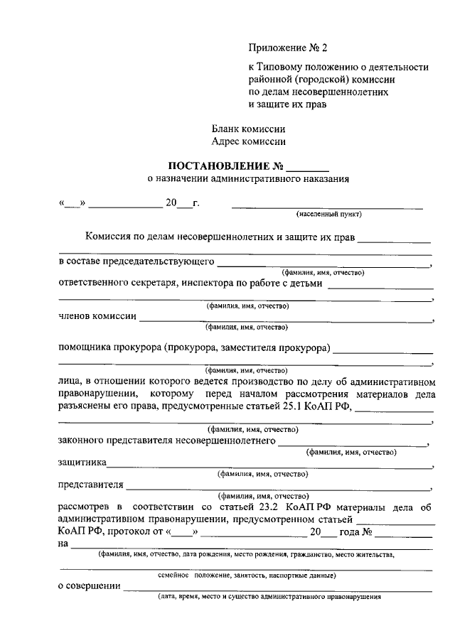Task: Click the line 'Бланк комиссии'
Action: coord(248,129)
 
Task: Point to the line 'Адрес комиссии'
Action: coord(248,141)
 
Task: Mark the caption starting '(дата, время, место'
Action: coord(269,598)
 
